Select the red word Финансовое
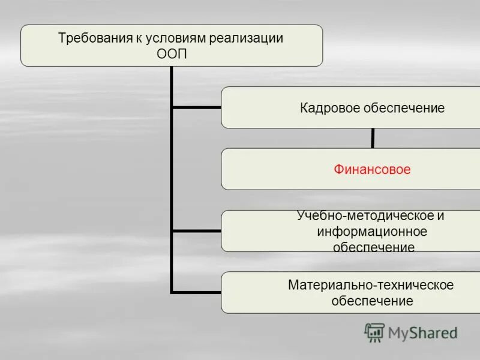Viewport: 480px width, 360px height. pyautogui.click(x=372, y=170)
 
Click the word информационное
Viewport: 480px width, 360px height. pyautogui.click(x=372, y=232)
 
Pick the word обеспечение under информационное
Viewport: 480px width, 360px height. pyautogui.click(x=373, y=247)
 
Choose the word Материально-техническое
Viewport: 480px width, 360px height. pyautogui.click(x=371, y=285)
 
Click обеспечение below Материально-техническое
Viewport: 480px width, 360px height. pyautogui.click(x=372, y=301)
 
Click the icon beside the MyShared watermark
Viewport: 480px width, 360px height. pyautogui.click(x=374, y=332)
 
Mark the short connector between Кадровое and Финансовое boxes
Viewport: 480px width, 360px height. pyautogui.click(x=373, y=139)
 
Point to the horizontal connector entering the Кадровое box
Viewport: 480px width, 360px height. pyautogui.click(x=196, y=108)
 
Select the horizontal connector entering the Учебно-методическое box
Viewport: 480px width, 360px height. pyautogui.click(x=196, y=231)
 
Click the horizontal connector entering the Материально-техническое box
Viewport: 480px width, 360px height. pyautogui.click(x=196, y=292)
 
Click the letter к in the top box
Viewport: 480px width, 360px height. pyautogui.click(x=137, y=38)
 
